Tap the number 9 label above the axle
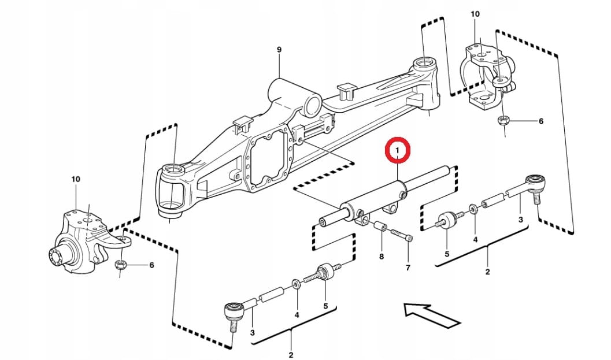pos(279,50)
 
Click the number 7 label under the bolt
pos(408,268)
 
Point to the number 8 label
pos(382,256)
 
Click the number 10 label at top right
pos(475,14)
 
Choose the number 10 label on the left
pos(76,179)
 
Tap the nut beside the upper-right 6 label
pos(503,121)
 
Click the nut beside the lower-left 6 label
pos(121,265)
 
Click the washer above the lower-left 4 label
pos(296,283)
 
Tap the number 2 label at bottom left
pos(291,355)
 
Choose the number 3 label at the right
pos(520,220)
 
